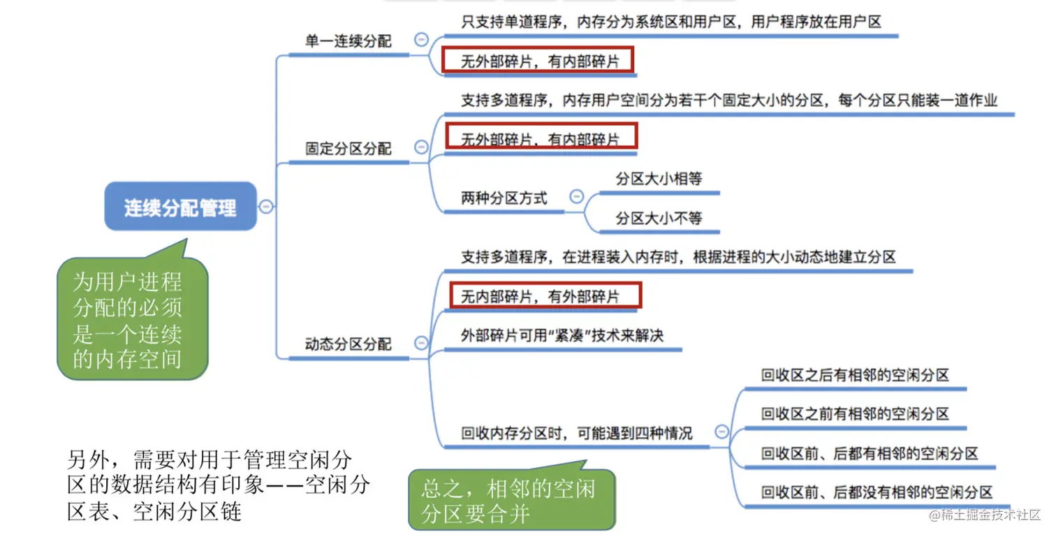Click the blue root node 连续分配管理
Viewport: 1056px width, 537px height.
pos(180,207)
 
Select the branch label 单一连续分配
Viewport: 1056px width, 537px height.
pos(348,41)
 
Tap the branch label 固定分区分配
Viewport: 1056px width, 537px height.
pos(348,149)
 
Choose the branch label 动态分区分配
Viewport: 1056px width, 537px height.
pos(348,344)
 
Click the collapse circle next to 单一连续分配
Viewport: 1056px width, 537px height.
pos(421,40)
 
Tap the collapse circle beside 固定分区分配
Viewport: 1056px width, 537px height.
pos(421,147)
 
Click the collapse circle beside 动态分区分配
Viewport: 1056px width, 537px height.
pos(421,343)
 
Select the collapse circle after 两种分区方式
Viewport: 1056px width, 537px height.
pos(576,197)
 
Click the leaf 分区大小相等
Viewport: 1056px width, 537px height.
pos(659,179)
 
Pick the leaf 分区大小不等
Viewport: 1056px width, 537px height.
pos(659,219)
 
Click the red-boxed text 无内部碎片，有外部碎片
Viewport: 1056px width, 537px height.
pos(540,297)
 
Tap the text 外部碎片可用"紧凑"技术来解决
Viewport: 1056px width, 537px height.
pos(562,336)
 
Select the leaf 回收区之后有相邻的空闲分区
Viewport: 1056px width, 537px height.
pos(855,375)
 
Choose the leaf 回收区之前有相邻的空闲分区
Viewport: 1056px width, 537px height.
pos(855,414)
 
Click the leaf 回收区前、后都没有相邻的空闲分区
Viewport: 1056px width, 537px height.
pos(877,492)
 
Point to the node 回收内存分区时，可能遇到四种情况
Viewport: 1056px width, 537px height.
pos(576,434)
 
